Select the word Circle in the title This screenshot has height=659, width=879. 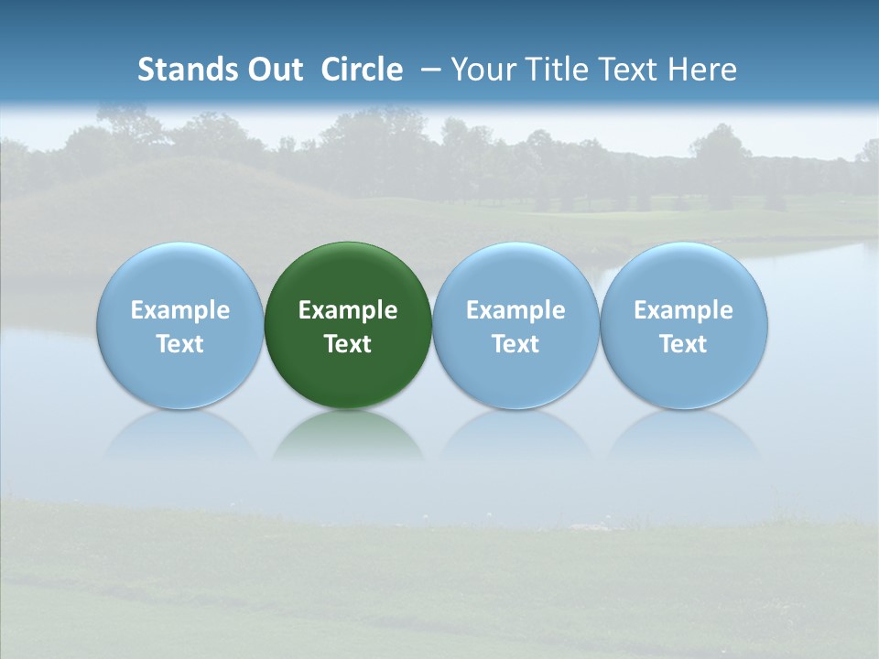pos(362,70)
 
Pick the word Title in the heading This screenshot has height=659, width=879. pos(558,70)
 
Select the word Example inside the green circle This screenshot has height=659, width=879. pos(348,310)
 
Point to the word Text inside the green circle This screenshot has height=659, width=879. pos(348,344)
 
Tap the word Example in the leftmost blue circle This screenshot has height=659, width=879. pos(179,310)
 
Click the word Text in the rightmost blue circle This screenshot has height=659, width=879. pos(684,344)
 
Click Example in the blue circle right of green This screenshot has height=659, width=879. pos(515,310)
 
